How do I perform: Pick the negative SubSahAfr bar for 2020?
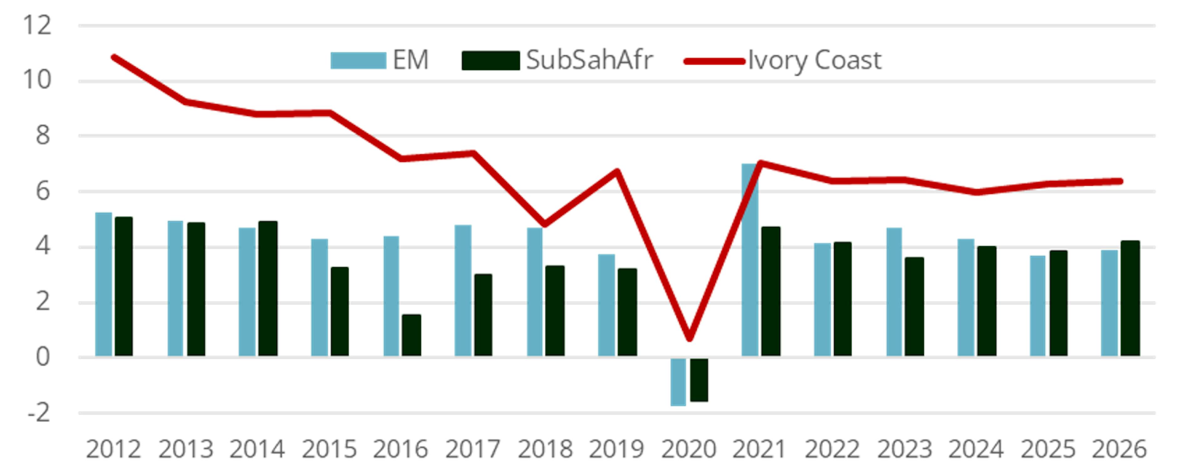pyautogui.click(x=699, y=380)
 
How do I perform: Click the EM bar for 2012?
pyautogui.click(x=104, y=285)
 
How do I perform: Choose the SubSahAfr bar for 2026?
pyautogui.click(x=1130, y=299)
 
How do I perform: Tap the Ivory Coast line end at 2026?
pyautogui.click(x=1120, y=181)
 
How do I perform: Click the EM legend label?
pyautogui.click(x=410, y=60)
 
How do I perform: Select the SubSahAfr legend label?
pyautogui.click(x=589, y=60)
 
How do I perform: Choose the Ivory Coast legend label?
pyautogui.click(x=814, y=60)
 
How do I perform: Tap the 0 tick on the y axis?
pyautogui.click(x=43, y=357)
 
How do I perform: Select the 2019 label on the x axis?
pyautogui.click(x=616, y=449)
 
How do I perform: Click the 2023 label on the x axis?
pyautogui.click(x=905, y=449)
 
